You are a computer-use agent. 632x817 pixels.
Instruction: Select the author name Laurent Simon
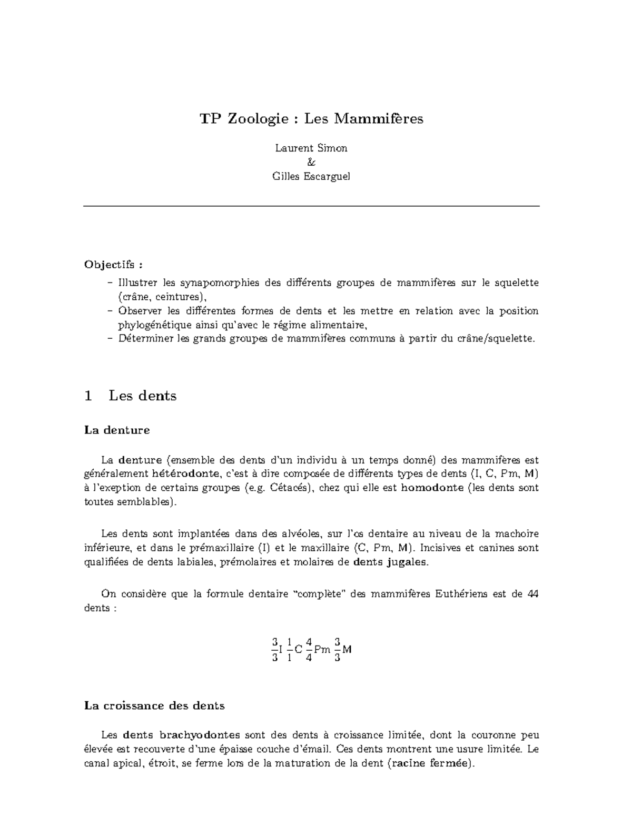[311, 148]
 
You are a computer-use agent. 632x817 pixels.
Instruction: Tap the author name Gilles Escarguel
[311, 176]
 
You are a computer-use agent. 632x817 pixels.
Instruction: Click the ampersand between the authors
[311, 163]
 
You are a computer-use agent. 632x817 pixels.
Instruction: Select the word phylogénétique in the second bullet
[149, 325]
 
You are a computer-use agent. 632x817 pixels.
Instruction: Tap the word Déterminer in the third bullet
[140, 338]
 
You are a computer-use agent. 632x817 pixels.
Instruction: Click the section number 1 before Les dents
[88, 396]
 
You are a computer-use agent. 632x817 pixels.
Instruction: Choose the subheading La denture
[117, 430]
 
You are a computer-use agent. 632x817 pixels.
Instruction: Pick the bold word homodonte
[432, 488]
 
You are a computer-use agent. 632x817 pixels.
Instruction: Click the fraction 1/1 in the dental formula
[289, 649]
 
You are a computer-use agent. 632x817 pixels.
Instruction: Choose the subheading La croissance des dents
[154, 706]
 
